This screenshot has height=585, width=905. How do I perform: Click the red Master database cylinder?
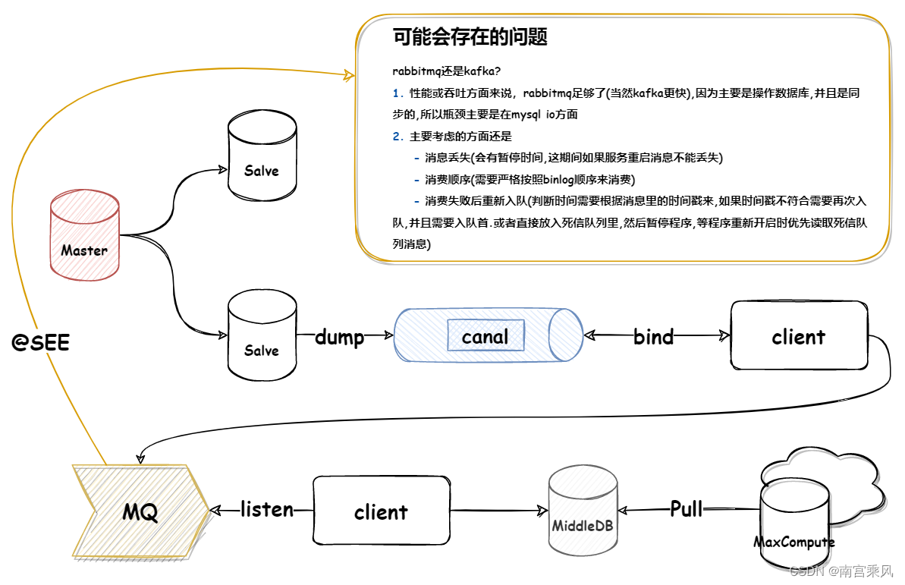click(x=84, y=235)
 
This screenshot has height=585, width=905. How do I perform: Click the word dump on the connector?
click(x=339, y=337)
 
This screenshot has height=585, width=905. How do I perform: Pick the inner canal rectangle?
click(x=485, y=336)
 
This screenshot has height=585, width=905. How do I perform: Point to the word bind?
click(x=653, y=337)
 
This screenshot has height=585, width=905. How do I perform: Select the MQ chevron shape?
click(x=141, y=512)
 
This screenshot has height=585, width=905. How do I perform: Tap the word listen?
click(x=267, y=509)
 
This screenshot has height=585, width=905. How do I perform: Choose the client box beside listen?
click(x=381, y=511)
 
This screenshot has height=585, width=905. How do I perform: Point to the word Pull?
click(x=687, y=508)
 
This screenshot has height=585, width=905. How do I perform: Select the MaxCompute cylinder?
click(x=793, y=524)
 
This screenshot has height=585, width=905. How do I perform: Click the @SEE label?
click(x=41, y=343)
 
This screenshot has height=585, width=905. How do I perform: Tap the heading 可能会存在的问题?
click(x=470, y=36)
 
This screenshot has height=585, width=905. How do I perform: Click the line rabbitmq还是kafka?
click(x=446, y=72)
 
